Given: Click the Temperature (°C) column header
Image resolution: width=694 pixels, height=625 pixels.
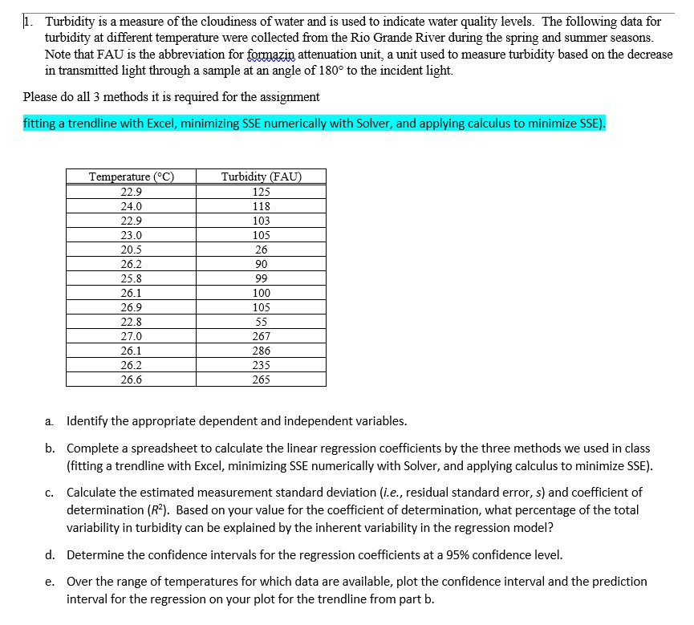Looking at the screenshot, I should click(x=131, y=177).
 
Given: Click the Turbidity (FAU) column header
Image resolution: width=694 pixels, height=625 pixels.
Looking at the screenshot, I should click(x=261, y=177).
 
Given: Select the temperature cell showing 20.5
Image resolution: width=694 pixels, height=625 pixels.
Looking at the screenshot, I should click(x=131, y=250).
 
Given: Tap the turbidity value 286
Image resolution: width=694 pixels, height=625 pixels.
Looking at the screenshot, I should click(x=261, y=351).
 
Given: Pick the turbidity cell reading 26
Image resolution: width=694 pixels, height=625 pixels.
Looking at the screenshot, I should click(x=261, y=250).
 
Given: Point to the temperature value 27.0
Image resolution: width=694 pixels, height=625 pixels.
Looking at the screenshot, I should click(x=131, y=336).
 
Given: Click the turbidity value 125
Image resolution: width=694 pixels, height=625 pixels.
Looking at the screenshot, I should click(x=261, y=192).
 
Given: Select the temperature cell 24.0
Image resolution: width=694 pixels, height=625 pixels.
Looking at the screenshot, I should click(x=131, y=206).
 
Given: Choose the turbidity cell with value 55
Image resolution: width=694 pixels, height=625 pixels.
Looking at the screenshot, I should click(x=261, y=322).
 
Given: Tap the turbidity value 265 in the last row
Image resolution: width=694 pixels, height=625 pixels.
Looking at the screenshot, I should click(x=261, y=379).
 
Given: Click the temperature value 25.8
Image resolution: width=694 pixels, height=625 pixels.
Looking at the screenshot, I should click(x=131, y=278).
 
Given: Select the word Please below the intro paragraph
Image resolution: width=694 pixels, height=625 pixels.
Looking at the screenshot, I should click(x=40, y=97).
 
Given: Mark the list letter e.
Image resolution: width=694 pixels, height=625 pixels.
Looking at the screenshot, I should click(x=50, y=581).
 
